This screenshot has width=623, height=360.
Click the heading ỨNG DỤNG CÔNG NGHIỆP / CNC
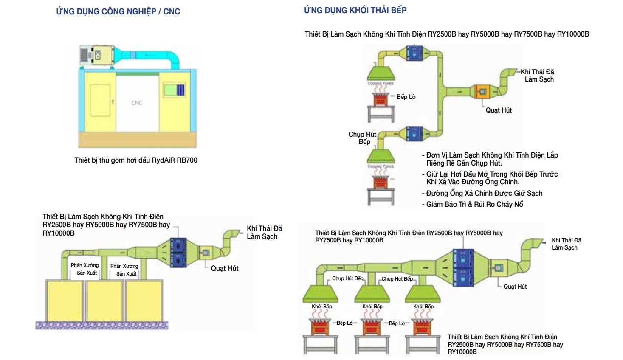[x=118, y=11]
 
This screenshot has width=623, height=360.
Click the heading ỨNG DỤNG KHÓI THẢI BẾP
[x=355, y=10]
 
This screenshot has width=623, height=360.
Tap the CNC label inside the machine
[x=137, y=103]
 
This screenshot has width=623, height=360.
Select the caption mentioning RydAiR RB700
[x=135, y=160]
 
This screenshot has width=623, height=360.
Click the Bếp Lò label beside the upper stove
[x=406, y=97]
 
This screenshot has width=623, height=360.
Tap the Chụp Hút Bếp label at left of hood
[x=363, y=138]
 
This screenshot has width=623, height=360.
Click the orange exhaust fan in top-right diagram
[x=482, y=91]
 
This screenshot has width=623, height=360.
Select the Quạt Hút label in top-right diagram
[x=499, y=110]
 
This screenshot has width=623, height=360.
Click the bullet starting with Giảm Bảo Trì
[x=473, y=204]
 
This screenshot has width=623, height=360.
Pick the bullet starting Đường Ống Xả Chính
[x=482, y=193]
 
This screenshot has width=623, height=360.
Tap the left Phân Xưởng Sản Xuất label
[x=85, y=269]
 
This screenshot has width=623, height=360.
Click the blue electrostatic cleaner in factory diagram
[x=178, y=252]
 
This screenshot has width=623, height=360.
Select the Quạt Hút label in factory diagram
[x=225, y=268]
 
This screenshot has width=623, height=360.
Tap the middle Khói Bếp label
[x=372, y=306]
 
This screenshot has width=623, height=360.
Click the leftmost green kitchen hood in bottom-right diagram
[x=320, y=292]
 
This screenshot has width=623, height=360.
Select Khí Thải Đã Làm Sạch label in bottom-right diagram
[x=566, y=244]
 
